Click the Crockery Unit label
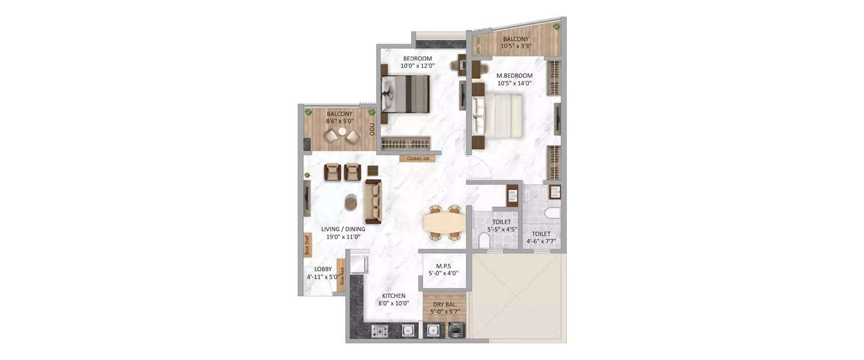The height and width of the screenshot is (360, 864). [418, 158]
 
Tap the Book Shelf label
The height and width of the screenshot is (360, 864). [307, 244]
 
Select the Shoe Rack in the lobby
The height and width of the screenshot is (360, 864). [342, 275]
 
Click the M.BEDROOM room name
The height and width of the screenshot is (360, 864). [514, 75]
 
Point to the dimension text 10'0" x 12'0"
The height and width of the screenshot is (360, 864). [418, 66]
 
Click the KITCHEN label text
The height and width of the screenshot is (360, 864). [393, 295]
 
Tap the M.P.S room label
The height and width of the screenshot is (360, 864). [443, 266]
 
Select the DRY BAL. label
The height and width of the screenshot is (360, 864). [444, 304]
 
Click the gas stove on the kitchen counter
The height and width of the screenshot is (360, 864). [380, 331]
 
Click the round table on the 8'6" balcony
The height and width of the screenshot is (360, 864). [342, 132]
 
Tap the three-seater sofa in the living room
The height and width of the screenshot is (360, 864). [373, 201]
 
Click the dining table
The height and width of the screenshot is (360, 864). [445, 222]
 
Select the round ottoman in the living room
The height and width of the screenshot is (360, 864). [351, 202]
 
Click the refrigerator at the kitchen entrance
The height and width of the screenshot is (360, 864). [359, 264]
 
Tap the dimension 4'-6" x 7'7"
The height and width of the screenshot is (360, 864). [541, 242]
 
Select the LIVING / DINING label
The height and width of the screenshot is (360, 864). [343, 229]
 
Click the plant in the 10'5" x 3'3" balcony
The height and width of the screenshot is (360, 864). [556, 27]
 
